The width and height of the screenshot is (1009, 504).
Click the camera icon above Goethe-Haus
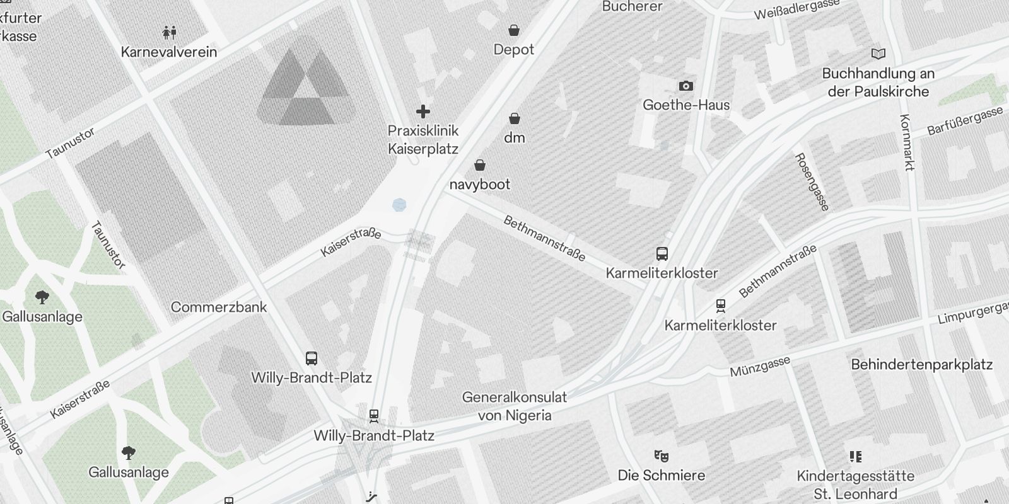(x=685, y=86)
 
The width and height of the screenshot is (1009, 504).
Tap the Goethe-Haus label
(x=686, y=105)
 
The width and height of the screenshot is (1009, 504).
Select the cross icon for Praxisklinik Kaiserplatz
(x=423, y=112)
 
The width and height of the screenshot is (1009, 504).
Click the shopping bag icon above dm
(x=515, y=118)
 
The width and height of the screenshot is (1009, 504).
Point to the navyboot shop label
(x=480, y=184)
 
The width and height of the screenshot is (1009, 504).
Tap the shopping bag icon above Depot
(x=514, y=30)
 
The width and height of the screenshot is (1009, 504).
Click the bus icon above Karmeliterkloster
(x=662, y=254)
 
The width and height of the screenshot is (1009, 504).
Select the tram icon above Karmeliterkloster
(x=721, y=306)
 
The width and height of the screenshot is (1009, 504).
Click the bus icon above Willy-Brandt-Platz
(x=311, y=358)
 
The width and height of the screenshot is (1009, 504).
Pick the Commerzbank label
(x=219, y=307)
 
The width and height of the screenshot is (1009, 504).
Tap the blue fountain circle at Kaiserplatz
(x=399, y=204)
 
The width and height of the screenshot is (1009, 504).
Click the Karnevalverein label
(x=169, y=52)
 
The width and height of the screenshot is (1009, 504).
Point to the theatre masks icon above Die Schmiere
(x=661, y=455)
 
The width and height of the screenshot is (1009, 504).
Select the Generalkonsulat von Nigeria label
(x=515, y=406)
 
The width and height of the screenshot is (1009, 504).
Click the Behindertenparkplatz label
(x=921, y=364)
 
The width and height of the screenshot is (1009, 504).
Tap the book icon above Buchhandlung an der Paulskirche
(x=878, y=54)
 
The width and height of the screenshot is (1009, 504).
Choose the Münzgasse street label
(x=760, y=367)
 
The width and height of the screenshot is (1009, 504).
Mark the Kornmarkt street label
(x=907, y=142)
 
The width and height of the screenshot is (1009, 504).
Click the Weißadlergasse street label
(x=797, y=9)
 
